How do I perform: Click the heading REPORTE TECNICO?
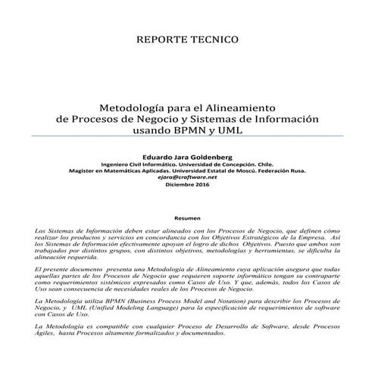[x=187, y=38]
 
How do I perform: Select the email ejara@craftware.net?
[x=186, y=177]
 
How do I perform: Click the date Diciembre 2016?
[x=186, y=184]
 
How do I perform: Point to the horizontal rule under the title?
[x=187, y=139]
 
